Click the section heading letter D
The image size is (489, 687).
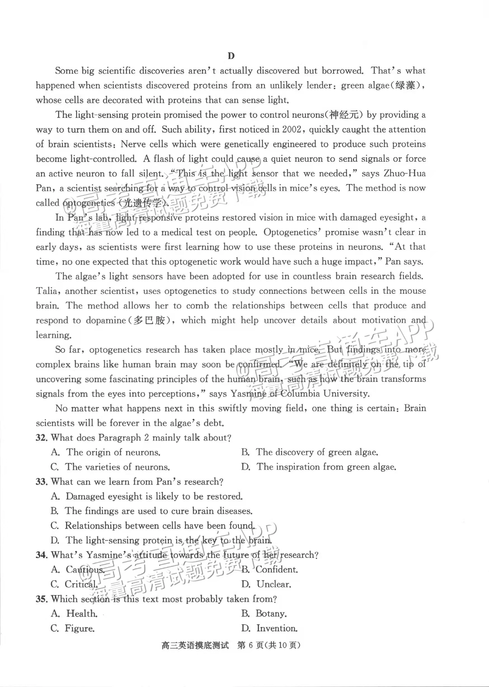(231, 56)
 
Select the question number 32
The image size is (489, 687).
(42, 437)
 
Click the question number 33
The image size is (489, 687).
(42, 481)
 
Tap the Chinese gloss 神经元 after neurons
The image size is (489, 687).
(344, 115)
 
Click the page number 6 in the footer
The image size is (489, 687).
(251, 645)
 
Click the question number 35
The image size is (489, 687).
(42, 599)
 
